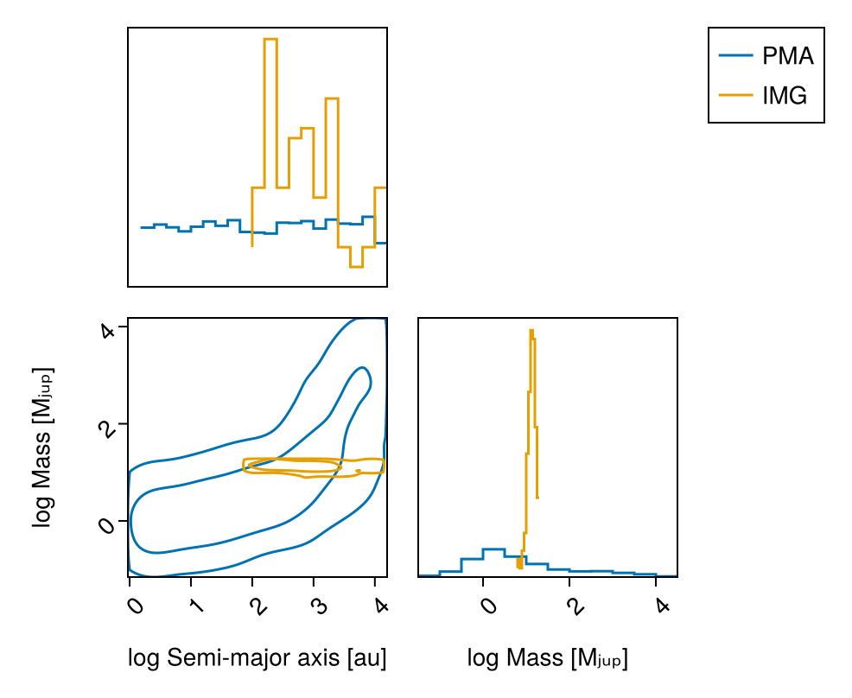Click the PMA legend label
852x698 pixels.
(787, 57)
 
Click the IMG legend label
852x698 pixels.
(784, 96)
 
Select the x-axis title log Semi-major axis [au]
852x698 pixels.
(257, 658)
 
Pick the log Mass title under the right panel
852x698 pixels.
(547, 658)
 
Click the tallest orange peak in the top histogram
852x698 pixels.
(270, 40)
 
